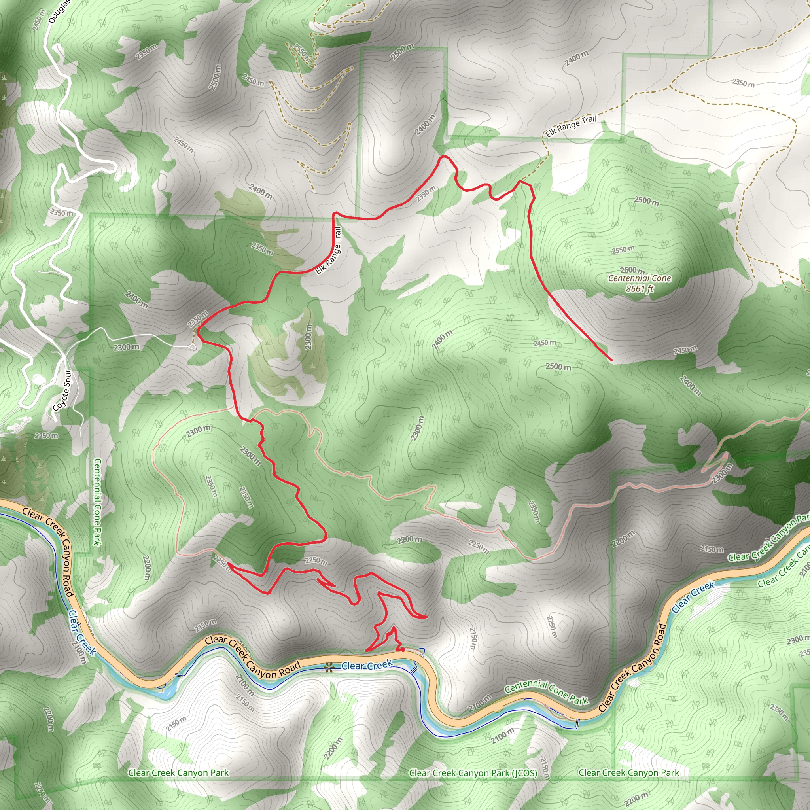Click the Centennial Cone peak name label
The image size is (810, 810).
(x=640, y=278)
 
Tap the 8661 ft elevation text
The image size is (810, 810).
(x=640, y=289)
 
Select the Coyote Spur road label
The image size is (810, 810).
(x=62, y=390)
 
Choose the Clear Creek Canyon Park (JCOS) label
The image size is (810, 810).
(x=473, y=773)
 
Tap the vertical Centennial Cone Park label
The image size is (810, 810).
(x=97, y=502)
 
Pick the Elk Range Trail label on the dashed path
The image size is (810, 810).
(x=571, y=126)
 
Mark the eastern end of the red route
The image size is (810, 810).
(x=611, y=360)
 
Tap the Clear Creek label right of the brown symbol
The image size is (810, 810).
(x=367, y=665)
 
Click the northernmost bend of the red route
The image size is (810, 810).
(x=444, y=157)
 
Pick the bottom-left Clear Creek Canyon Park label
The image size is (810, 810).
(x=179, y=773)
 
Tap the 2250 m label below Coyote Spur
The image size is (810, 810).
(x=47, y=435)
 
